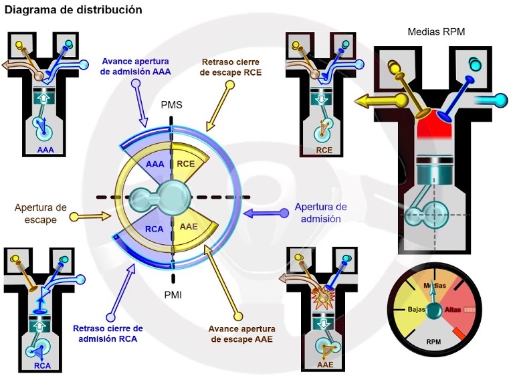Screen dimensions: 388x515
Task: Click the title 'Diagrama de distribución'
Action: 73,10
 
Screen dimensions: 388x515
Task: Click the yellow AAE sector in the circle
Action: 189,227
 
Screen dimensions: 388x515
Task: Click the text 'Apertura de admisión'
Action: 321,212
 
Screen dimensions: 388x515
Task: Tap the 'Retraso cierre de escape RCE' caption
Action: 231,68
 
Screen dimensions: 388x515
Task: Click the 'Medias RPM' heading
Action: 435,31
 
